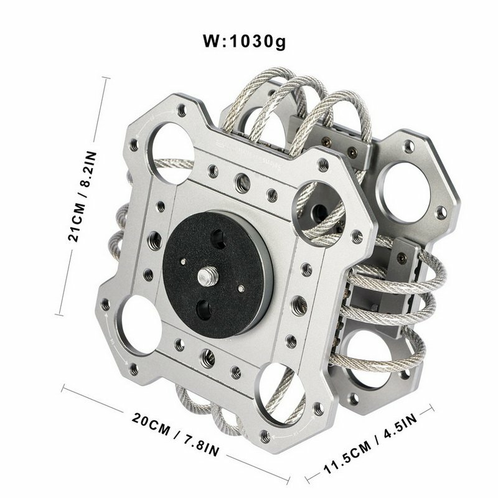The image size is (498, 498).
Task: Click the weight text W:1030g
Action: [244, 43]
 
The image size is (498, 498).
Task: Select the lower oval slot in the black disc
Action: [204, 309]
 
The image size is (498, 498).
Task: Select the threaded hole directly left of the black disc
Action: [152, 238]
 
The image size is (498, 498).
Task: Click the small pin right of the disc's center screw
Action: [240, 288]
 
